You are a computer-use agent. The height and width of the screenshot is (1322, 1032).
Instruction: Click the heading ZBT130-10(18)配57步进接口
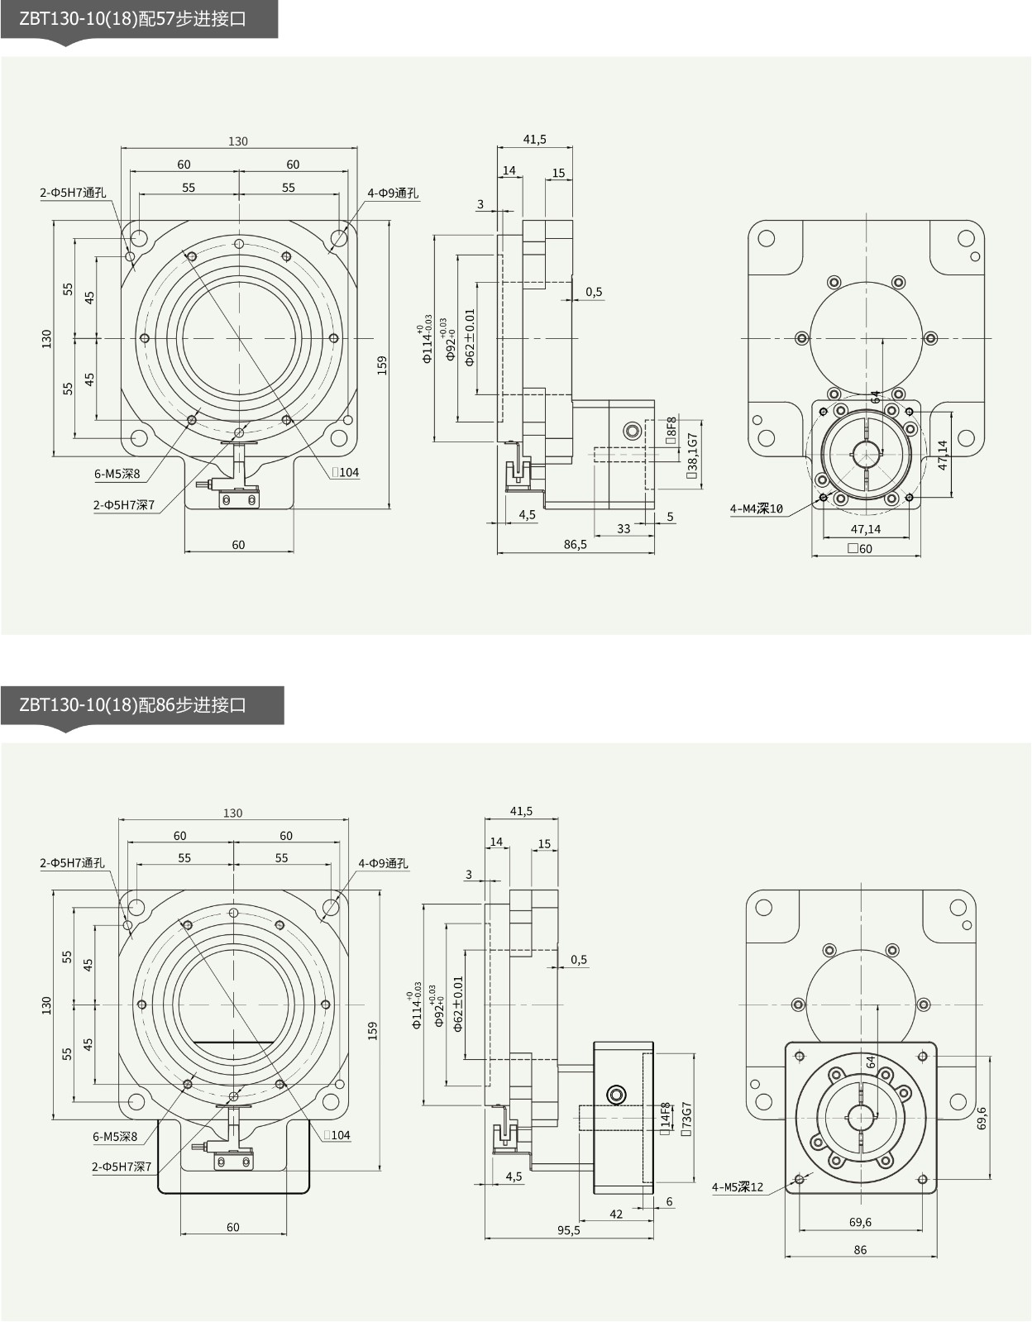pos(133,19)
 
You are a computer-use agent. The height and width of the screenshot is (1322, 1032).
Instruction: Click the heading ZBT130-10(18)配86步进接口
pos(133,705)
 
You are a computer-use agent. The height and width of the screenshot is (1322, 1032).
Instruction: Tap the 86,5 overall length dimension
pos(575,545)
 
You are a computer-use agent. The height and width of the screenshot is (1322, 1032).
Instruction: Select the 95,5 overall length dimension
pos(568,1230)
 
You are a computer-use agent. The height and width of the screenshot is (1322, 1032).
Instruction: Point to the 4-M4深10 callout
pos(756,508)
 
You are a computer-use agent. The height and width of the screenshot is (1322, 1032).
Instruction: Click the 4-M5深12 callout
pos(738,1187)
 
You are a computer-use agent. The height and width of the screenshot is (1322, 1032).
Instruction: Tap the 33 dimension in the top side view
pos(623,529)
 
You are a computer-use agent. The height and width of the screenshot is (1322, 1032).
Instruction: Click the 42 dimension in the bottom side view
pos(616,1214)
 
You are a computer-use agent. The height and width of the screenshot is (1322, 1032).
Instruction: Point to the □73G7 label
pos(686,1119)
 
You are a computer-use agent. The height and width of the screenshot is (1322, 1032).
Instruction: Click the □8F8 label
pos(671,430)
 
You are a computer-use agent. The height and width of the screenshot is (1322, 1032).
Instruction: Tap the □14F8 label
pos(666,1114)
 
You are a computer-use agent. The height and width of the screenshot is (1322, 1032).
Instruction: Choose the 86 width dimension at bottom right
pos(860,1250)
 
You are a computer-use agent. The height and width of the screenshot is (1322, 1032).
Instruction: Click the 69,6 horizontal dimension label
pos(860,1222)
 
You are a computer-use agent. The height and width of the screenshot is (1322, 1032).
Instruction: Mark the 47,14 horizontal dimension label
pos(866,529)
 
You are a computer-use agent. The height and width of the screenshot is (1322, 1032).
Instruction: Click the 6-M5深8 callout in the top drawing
pos(117,475)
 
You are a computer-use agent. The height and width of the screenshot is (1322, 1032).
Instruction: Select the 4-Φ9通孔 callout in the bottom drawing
pos(383,863)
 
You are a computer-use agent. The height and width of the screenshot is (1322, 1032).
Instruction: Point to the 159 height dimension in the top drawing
pos(382,365)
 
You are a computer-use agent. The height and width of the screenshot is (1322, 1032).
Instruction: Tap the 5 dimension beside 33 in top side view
pos(670,517)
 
